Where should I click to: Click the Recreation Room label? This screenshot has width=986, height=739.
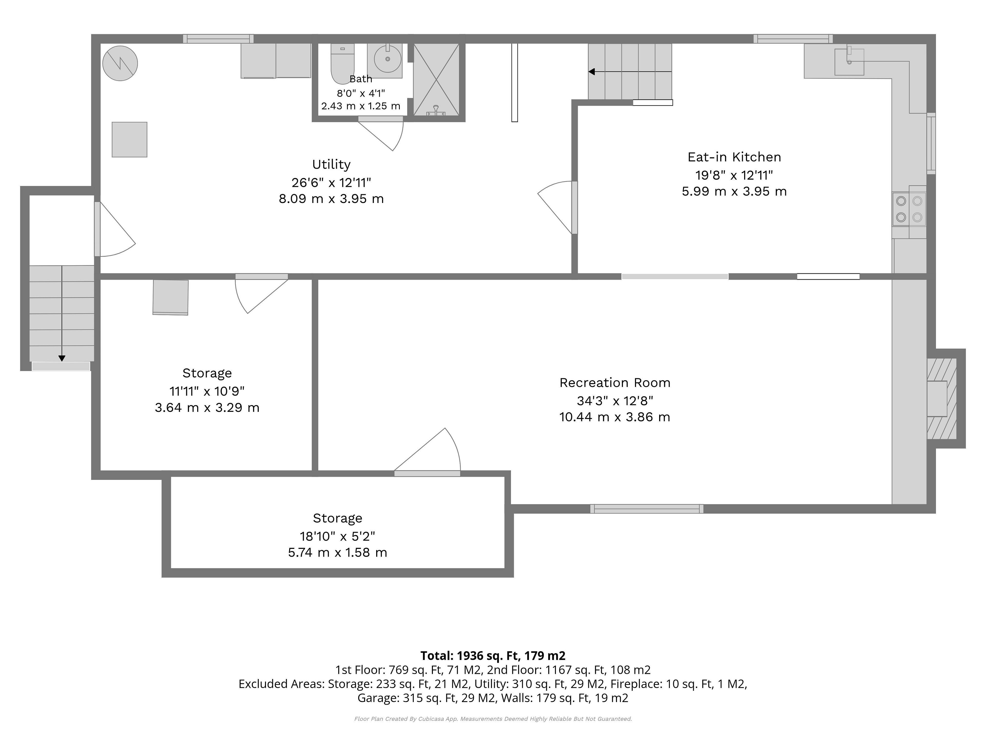pyautogui.click(x=615, y=383)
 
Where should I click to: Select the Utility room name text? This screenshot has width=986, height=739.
pyautogui.click(x=331, y=165)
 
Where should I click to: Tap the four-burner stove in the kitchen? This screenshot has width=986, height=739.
pyautogui.click(x=909, y=209)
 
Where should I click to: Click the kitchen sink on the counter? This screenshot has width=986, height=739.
pyautogui.click(x=849, y=62)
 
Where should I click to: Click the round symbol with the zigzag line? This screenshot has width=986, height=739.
pyautogui.click(x=120, y=64)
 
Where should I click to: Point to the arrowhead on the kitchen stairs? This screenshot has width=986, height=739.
pyautogui.click(x=592, y=72)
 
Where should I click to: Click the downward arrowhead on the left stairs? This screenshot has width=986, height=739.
pyautogui.click(x=62, y=358)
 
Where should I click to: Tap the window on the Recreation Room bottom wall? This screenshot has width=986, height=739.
pyautogui.click(x=647, y=509)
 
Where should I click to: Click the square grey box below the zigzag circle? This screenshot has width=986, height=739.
pyautogui.click(x=129, y=139)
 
